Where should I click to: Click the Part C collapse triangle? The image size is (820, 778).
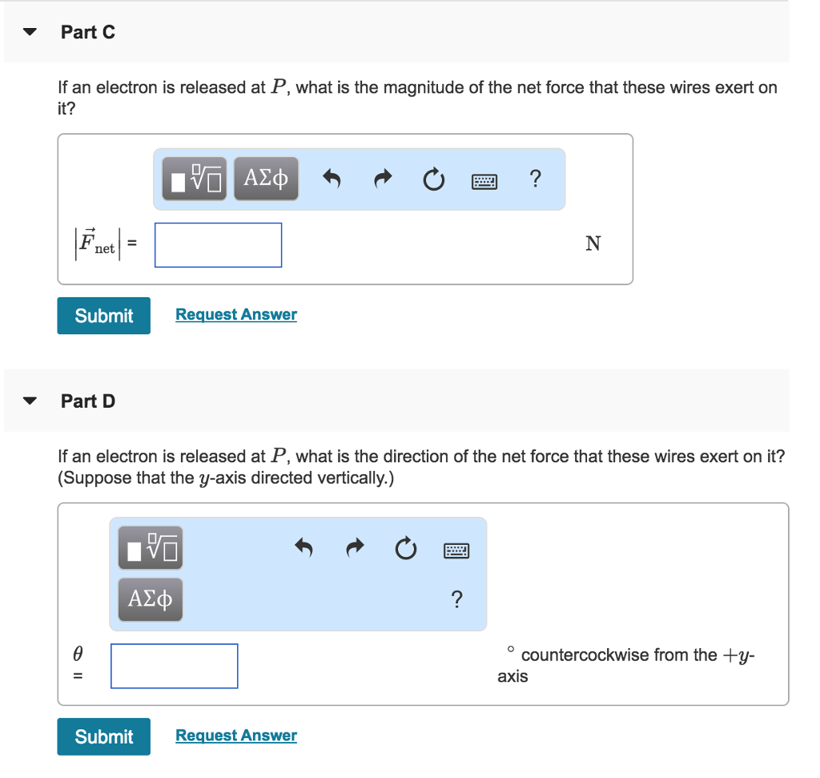click(30, 33)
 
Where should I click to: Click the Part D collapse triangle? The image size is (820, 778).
click(30, 401)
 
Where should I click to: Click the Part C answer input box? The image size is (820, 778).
click(218, 245)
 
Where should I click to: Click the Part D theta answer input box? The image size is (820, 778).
click(174, 666)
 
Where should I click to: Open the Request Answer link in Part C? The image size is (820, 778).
click(236, 315)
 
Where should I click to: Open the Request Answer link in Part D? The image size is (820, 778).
click(236, 736)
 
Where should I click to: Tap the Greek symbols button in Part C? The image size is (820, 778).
click(266, 179)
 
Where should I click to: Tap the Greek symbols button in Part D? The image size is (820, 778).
click(151, 599)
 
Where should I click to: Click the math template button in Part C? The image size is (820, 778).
click(195, 179)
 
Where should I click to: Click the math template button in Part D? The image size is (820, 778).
click(151, 548)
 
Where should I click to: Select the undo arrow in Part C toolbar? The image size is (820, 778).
click(332, 179)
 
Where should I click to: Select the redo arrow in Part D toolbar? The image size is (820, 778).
click(355, 549)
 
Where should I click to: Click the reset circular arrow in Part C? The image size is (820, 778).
click(433, 179)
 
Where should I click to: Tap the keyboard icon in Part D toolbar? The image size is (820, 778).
click(456, 550)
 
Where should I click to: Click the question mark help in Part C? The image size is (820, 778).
click(535, 179)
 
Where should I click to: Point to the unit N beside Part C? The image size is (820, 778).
click(593, 244)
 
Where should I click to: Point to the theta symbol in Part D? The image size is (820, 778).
click(78, 655)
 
